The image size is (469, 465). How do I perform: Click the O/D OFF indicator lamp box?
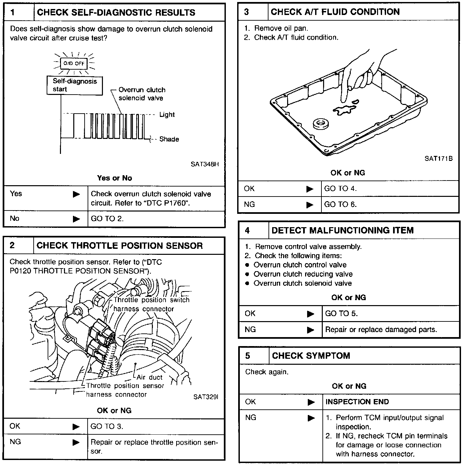74,63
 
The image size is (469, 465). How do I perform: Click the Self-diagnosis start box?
75,85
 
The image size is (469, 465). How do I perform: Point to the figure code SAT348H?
205,164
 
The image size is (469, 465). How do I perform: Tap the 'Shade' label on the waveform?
169,139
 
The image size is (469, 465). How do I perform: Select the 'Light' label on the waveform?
167,115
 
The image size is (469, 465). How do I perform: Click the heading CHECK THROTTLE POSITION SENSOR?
120,246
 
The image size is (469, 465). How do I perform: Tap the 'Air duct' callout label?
150,377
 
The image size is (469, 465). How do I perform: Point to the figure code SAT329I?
206,397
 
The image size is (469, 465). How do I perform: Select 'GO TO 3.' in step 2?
107,426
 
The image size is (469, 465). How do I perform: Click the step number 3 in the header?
246,12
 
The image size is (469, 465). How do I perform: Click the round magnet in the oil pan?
321,124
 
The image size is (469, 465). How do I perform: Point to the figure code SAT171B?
438,159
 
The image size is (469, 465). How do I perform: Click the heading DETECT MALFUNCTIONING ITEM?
342,230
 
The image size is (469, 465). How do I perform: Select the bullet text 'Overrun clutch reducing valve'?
303,274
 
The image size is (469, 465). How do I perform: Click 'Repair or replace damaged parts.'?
381,329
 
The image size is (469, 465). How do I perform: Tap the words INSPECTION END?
357,402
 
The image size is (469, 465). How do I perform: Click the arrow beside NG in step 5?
311,418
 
